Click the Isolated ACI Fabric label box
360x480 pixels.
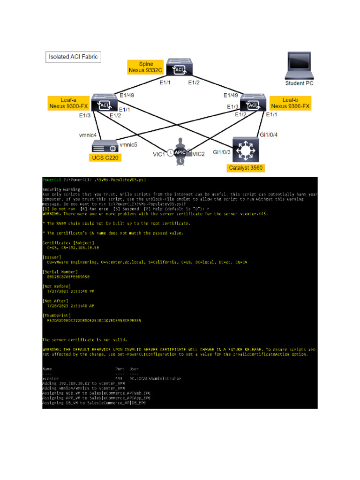click(x=73, y=58)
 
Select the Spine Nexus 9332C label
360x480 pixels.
click(x=146, y=67)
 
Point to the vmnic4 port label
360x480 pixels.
click(x=88, y=135)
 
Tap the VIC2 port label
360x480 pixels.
click(x=199, y=154)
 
